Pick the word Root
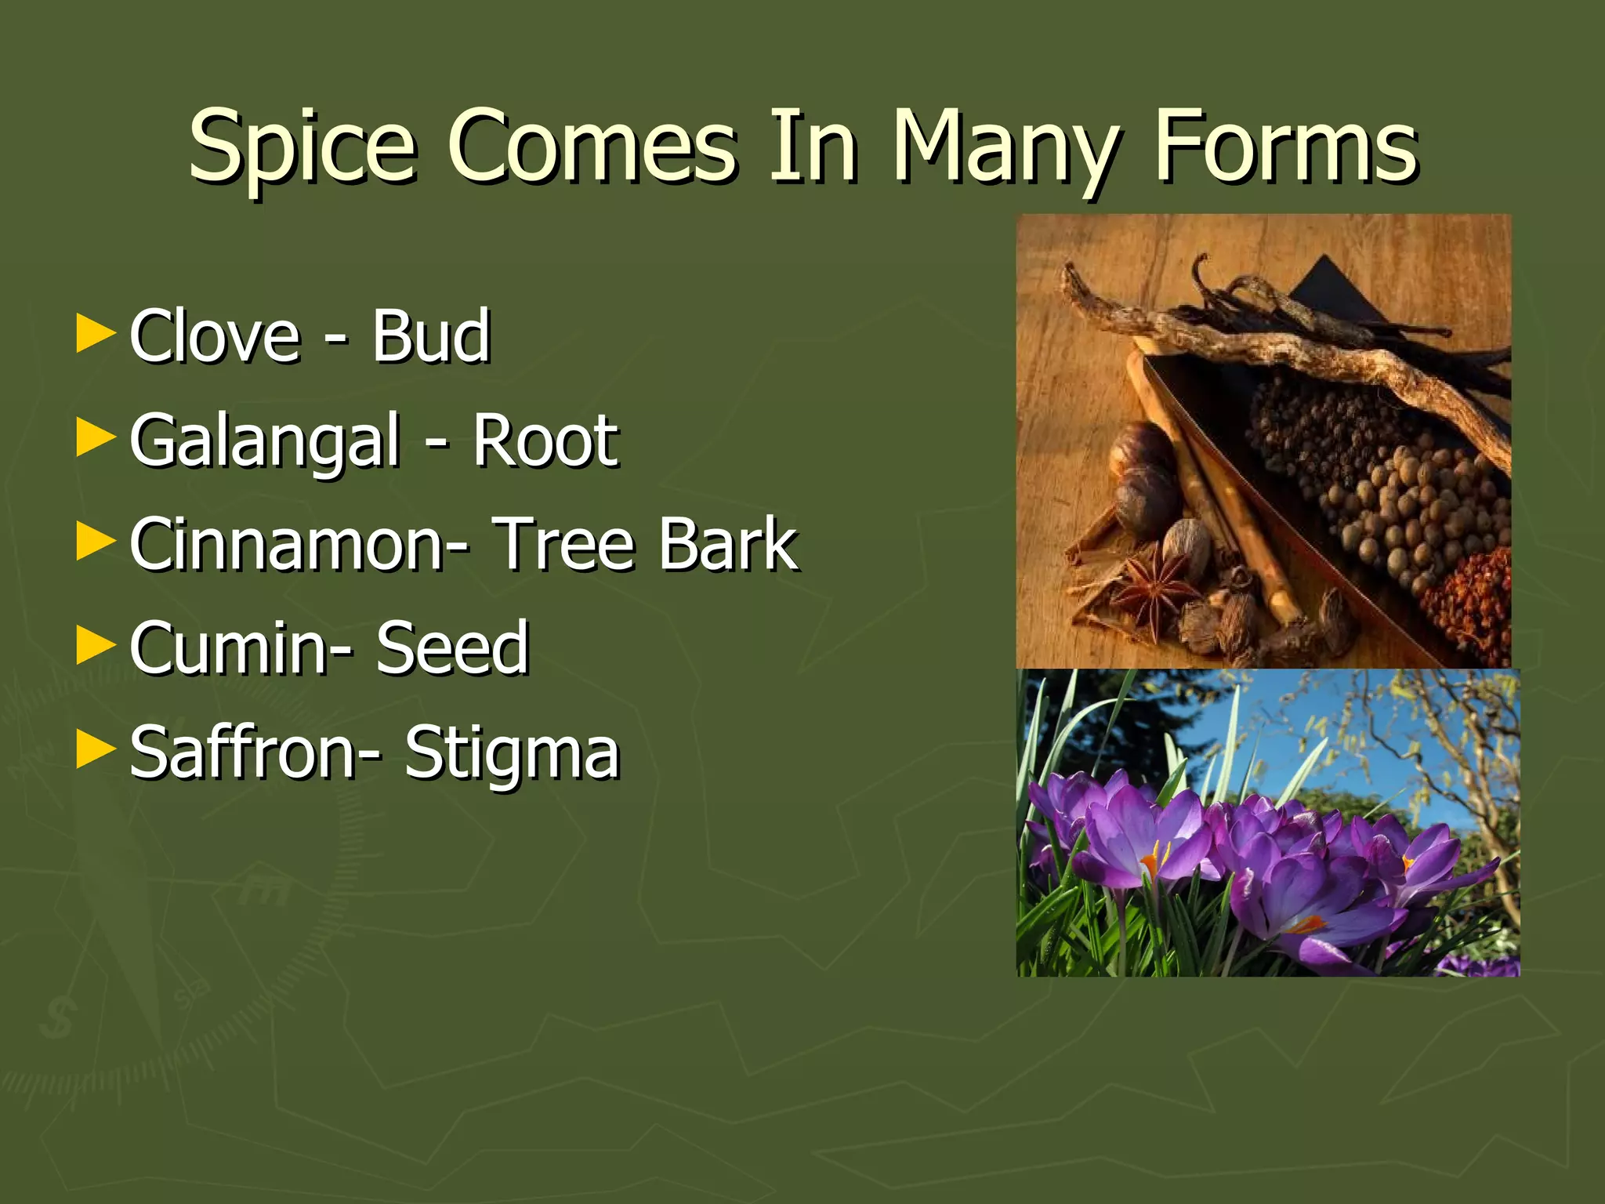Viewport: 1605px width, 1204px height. coord(545,441)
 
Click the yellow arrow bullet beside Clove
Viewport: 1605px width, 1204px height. coord(96,334)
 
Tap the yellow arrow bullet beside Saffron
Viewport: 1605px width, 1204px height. coord(96,751)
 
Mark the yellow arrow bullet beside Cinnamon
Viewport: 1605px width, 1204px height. coord(96,542)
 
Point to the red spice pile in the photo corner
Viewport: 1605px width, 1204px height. coord(1473,604)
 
